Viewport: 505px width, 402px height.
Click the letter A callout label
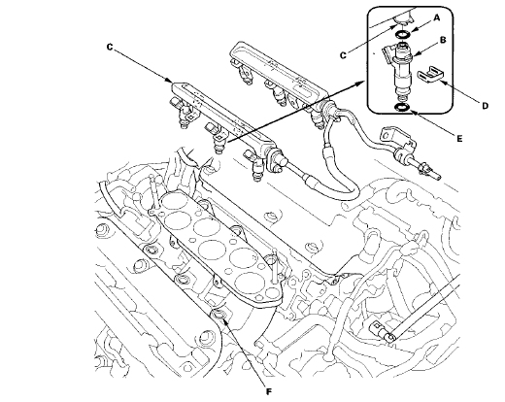coord(437,18)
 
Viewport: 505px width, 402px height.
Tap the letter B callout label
coord(443,40)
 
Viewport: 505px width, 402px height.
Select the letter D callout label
coord(485,106)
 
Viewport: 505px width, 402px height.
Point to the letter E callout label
coord(459,139)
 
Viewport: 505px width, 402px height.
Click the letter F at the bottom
coord(269,392)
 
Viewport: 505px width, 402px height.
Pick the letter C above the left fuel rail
coord(110,48)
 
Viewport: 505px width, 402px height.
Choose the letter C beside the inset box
coord(343,55)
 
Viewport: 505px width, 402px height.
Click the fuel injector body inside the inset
coord(400,72)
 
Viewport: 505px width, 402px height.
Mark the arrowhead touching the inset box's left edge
coord(363,83)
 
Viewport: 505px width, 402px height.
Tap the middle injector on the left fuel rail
coord(217,138)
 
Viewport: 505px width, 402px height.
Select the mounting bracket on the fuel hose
coord(396,139)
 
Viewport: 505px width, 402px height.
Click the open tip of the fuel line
coord(438,177)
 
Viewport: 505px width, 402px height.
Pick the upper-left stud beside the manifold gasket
coord(151,192)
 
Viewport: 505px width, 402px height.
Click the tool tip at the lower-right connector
coord(390,337)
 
